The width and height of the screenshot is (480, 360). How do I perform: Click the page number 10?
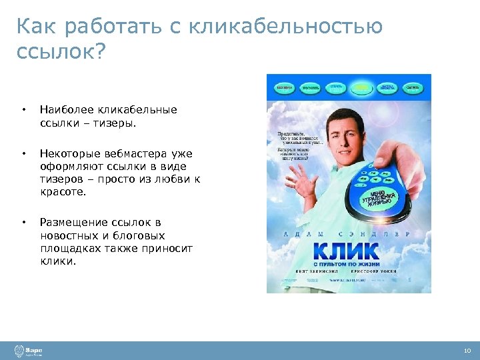coord(466,351)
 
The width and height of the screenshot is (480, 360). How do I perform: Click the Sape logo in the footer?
coord(29,351)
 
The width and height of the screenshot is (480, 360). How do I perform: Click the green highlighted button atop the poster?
coord(361,87)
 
